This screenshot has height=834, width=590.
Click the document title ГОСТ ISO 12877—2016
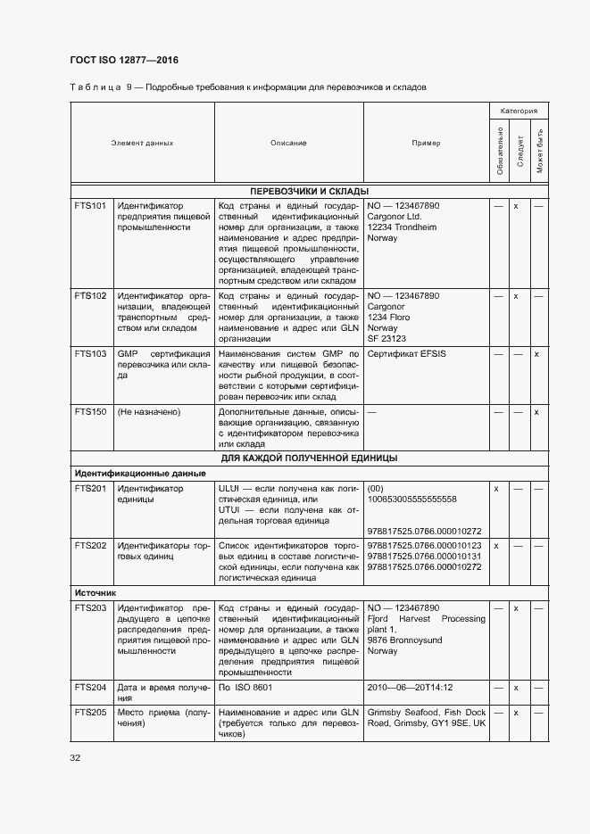pyautogui.click(x=123, y=60)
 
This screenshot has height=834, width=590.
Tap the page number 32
pyautogui.click(x=75, y=757)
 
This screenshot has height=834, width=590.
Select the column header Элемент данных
pyautogui.click(x=142, y=143)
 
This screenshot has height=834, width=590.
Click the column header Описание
pyautogui.click(x=288, y=143)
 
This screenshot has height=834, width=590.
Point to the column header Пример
pyautogui.click(x=426, y=143)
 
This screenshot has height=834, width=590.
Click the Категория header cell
pyautogui.click(x=518, y=111)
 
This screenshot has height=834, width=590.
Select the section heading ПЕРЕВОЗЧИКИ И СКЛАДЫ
pyautogui.click(x=309, y=191)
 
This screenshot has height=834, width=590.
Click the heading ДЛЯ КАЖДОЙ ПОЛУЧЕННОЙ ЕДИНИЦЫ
pyautogui.click(x=309, y=458)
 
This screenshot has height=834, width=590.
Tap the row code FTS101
pyautogui.click(x=90, y=206)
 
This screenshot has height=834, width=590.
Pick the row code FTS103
pyautogui.click(x=90, y=354)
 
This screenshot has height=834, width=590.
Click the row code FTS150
pyautogui.click(x=90, y=412)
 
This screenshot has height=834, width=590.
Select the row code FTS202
pyautogui.click(x=90, y=544)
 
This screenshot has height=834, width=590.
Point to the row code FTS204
pyautogui.click(x=90, y=688)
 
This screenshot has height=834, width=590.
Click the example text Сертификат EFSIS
pyautogui.click(x=406, y=354)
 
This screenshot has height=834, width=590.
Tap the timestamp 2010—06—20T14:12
pyautogui.click(x=410, y=688)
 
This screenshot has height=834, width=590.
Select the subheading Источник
pyautogui.click(x=96, y=592)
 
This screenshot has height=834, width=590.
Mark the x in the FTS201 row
pyautogui.click(x=496, y=489)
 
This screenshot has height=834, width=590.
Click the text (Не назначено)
pyautogui.click(x=149, y=412)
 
